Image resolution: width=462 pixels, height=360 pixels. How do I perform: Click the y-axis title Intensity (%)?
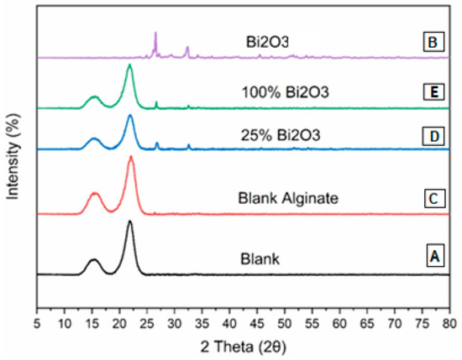(13, 159)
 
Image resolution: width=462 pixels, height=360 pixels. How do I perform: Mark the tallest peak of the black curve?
(130, 222)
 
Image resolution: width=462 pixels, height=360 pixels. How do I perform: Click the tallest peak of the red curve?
(131, 157)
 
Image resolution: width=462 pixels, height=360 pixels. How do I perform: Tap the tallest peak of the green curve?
(129, 65)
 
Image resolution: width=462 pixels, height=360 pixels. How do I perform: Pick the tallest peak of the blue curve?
(130, 116)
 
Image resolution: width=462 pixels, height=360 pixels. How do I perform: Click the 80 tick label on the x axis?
(450, 322)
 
